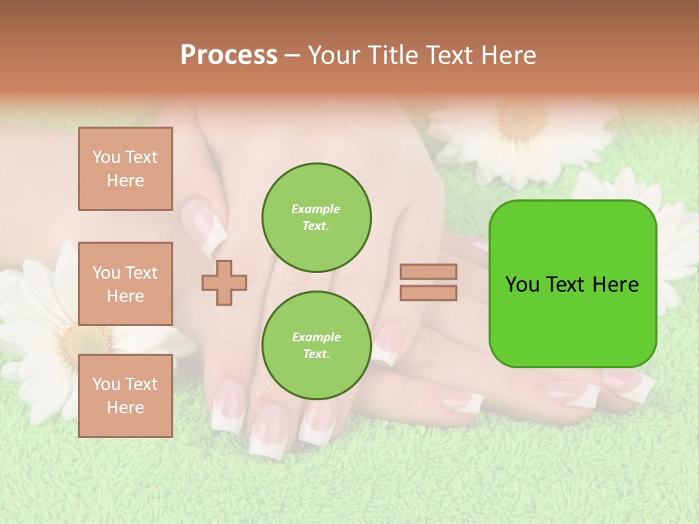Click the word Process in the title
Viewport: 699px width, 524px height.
(x=229, y=55)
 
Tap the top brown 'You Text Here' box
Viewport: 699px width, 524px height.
(x=125, y=169)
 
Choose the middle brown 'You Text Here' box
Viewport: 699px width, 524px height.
(x=125, y=284)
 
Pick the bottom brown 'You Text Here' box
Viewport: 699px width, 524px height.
(x=125, y=396)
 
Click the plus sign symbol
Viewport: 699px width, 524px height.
(x=224, y=282)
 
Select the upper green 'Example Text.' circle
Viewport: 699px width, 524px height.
(x=317, y=218)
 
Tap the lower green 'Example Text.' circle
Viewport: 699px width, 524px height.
(x=317, y=346)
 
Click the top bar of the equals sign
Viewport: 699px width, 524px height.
(x=429, y=271)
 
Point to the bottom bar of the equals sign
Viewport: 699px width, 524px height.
(x=429, y=293)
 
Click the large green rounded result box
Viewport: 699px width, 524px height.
(x=572, y=284)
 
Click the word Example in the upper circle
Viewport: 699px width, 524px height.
(x=316, y=209)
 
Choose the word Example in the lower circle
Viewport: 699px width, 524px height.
(x=316, y=337)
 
